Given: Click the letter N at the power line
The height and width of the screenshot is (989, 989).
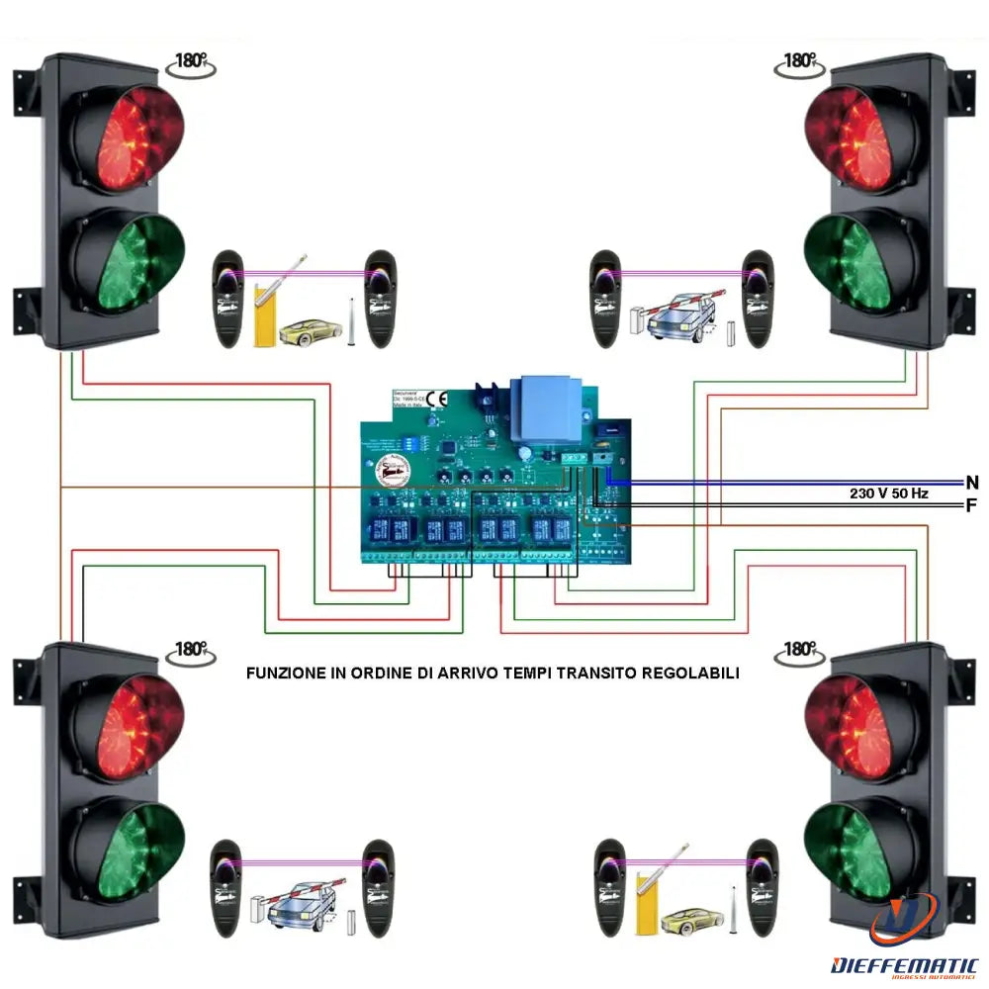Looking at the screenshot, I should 972,483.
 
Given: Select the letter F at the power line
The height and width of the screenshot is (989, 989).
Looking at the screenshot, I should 972,505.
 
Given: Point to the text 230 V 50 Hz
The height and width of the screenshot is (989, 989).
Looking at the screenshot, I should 888,493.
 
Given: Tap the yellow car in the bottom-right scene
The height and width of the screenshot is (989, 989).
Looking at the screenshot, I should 687,922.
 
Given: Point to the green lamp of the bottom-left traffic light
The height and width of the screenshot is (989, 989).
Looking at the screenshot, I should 128,849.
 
